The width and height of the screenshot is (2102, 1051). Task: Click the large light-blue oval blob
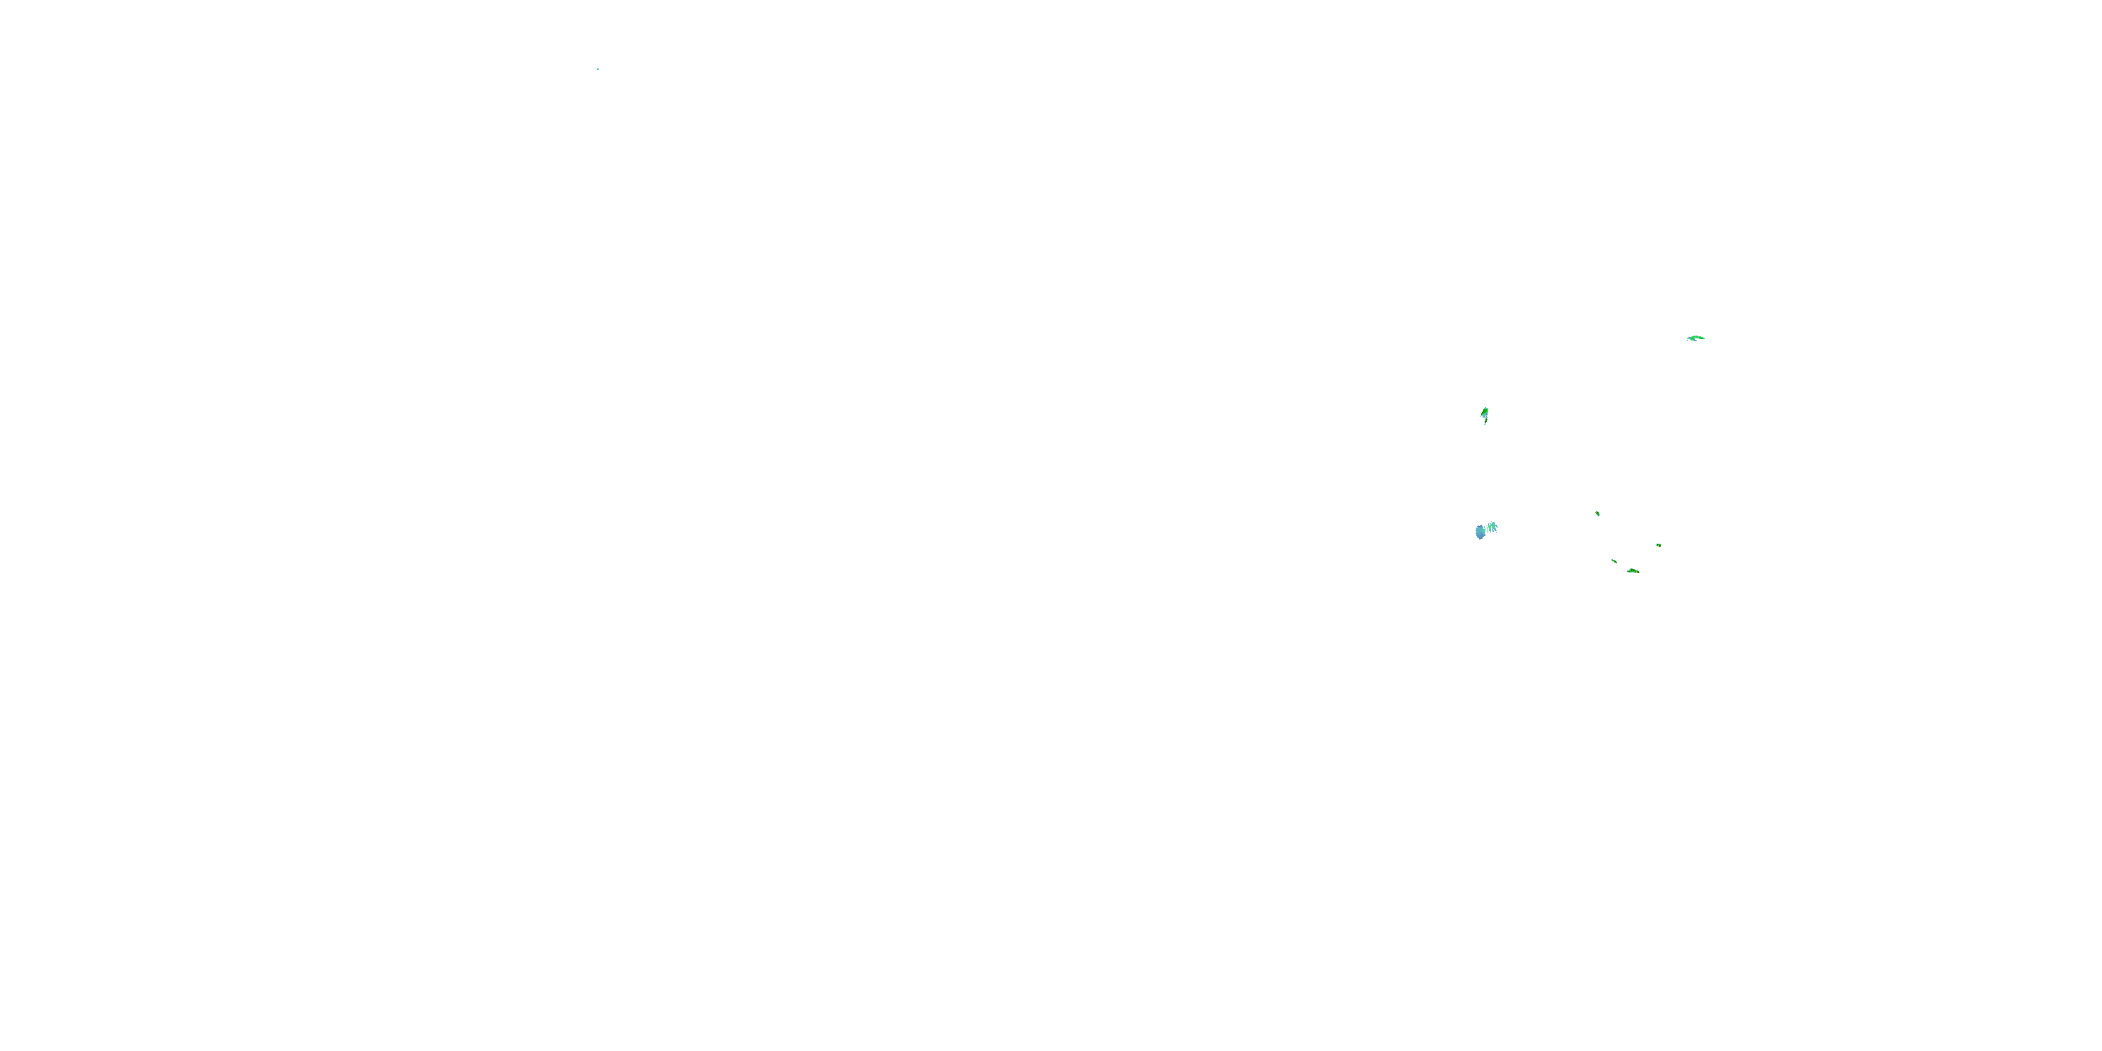[x=1481, y=532]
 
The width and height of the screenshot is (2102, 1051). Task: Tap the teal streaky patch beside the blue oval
[x=1492, y=527]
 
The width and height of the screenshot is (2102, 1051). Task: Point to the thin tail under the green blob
[x=1485, y=421]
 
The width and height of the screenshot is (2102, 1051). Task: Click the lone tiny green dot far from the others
[x=598, y=69]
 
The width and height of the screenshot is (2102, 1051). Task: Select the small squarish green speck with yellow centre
[x=1659, y=545]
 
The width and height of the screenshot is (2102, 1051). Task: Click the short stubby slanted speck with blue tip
[x=1598, y=514]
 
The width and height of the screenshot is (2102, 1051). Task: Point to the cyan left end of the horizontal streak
[x=1689, y=338]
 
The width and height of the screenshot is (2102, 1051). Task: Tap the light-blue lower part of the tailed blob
[x=1484, y=415]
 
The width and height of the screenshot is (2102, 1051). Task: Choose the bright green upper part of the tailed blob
[x=1485, y=410]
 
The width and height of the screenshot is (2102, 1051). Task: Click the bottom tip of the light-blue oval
[x=1481, y=539]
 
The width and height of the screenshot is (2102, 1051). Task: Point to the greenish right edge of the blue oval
[x=1485, y=532]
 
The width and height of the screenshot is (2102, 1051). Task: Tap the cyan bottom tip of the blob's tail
[x=1485, y=425]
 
